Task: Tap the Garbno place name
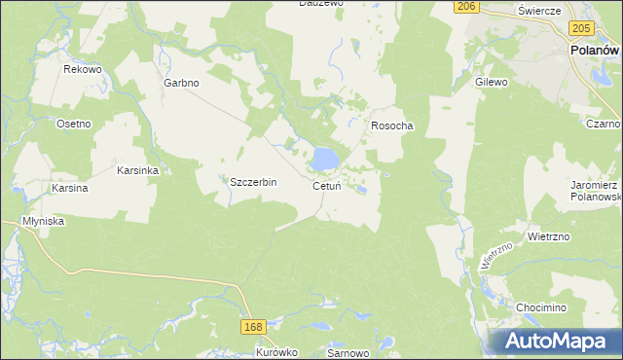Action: [x=181, y=84]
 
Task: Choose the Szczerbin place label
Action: [x=253, y=182]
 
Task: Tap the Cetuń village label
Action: [x=326, y=186]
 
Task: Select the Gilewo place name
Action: [x=492, y=83]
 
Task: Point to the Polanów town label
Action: [x=595, y=51]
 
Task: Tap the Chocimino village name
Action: [x=542, y=307]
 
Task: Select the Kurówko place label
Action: [x=275, y=352]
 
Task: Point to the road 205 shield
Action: [x=583, y=30]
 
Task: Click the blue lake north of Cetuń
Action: [x=324, y=157]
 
